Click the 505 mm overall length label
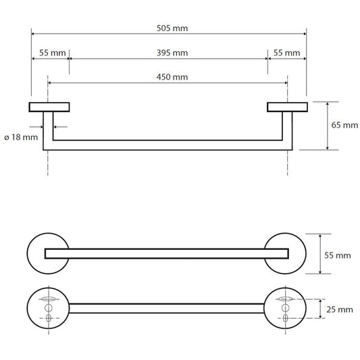click(172, 28)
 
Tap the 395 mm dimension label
click(172, 53)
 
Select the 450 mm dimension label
click(172, 77)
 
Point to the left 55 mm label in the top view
click(53, 53)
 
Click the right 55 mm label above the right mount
click(286, 53)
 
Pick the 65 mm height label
click(344, 125)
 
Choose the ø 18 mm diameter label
click(21, 137)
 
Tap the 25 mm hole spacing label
click(340, 309)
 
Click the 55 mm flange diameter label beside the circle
click(338, 255)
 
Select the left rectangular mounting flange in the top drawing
click(49, 107)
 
